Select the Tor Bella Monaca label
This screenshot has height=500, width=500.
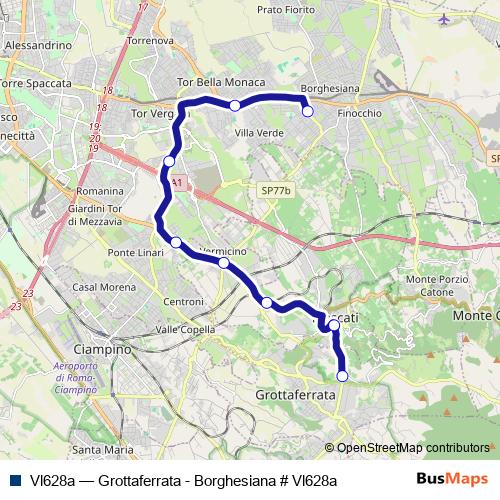(220, 82)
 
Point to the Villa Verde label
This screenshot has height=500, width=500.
(259, 132)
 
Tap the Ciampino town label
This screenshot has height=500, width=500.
(103, 350)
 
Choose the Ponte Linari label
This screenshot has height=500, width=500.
(135, 251)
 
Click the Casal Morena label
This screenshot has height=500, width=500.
(98, 288)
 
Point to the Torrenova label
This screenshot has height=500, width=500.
(150, 41)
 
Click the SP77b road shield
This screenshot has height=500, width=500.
(271, 188)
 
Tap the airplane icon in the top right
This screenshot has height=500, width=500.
(445, 18)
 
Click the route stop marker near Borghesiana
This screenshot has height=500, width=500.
(308, 111)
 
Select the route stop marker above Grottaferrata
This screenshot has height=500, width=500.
(343, 376)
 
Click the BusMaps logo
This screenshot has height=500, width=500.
(452, 478)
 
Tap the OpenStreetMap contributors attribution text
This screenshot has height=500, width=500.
(413, 448)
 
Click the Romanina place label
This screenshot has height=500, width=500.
(100, 190)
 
